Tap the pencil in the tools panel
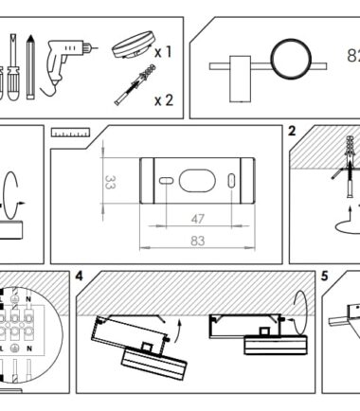[30, 66]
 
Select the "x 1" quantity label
[163, 51]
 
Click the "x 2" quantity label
[164, 100]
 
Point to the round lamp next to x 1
[134, 45]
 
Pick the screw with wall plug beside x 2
[135, 84]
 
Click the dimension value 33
[110, 182]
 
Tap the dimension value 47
[198, 219]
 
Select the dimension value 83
[198, 241]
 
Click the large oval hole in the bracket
[197, 181]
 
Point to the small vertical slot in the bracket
[231, 181]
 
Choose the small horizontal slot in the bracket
[166, 181]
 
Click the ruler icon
[71, 133]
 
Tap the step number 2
[292, 131]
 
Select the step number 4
[79, 277]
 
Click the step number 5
[325, 277]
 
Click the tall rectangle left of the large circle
[241, 79]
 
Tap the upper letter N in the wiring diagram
[28, 298]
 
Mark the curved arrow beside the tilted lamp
[180, 330]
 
